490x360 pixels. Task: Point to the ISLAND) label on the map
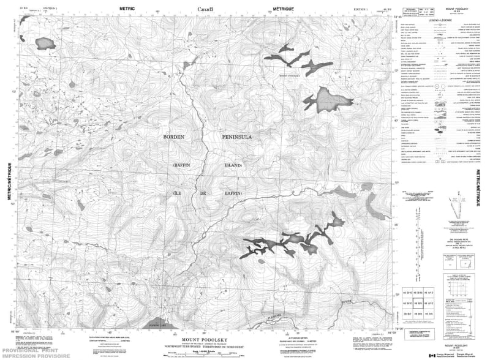click(x=233, y=166)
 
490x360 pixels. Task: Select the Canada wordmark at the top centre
click(x=209, y=8)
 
